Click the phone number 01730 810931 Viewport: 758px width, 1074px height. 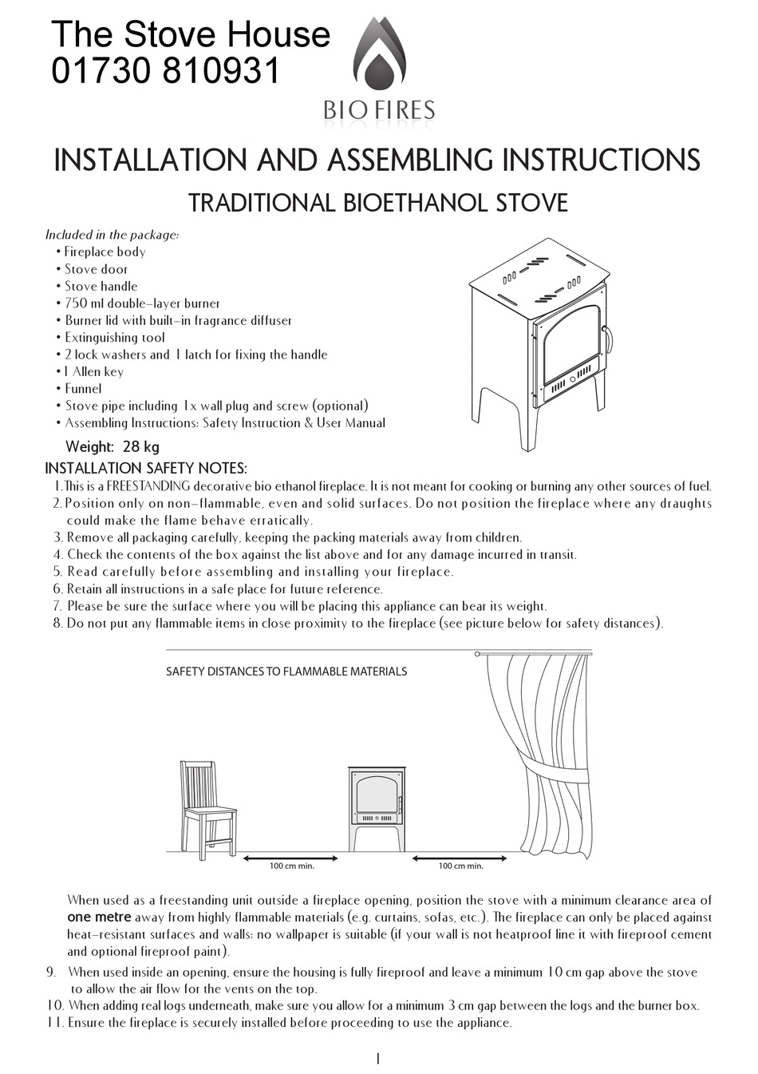click(166, 72)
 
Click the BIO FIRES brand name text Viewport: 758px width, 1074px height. click(379, 109)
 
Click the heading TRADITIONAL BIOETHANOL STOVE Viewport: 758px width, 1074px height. click(377, 202)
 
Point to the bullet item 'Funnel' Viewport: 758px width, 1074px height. click(83, 389)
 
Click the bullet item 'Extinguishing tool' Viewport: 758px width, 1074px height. click(114, 337)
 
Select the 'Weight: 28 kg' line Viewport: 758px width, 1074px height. click(112, 447)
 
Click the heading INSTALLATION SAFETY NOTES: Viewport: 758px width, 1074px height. click(146, 467)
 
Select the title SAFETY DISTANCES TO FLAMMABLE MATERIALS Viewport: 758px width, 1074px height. click(286, 672)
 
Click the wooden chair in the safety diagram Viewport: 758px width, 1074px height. click(207, 803)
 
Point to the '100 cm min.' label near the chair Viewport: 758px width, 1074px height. click(291, 866)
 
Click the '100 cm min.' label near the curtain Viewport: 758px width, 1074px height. click(460, 866)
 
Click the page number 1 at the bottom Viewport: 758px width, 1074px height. click(377, 1059)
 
